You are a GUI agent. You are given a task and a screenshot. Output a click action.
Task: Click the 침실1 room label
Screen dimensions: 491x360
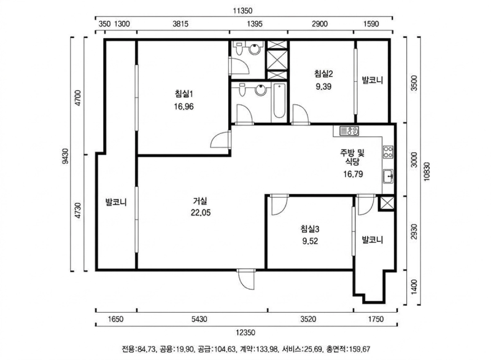184,93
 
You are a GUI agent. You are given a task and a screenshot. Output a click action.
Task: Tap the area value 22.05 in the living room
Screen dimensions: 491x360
201,213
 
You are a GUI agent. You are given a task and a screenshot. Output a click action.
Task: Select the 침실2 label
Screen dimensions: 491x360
323,74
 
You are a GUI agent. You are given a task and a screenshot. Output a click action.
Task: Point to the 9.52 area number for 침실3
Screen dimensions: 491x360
310,241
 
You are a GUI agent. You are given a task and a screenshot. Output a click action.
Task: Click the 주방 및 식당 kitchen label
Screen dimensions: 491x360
352,157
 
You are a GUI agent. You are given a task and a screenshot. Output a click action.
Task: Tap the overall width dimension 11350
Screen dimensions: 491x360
242,11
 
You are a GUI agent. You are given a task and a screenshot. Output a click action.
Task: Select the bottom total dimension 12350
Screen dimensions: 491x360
245,333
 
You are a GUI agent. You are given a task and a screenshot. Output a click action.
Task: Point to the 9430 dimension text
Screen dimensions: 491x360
65,155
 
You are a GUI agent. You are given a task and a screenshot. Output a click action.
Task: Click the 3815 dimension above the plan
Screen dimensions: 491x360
180,24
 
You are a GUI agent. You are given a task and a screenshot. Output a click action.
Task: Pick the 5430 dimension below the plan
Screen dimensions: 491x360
199,319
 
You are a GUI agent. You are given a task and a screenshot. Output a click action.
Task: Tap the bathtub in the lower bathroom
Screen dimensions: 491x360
279,101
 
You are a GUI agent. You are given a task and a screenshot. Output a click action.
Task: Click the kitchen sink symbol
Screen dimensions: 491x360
389,176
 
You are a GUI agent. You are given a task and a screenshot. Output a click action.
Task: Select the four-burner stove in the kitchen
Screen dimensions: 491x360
388,152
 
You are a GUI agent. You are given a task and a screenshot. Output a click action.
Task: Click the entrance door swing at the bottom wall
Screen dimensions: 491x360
246,279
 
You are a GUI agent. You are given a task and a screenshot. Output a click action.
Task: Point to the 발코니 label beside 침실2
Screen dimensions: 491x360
373,80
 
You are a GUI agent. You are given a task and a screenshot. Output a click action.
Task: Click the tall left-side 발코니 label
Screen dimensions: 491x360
116,202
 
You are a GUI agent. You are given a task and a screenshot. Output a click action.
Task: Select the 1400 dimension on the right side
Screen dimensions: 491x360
414,287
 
